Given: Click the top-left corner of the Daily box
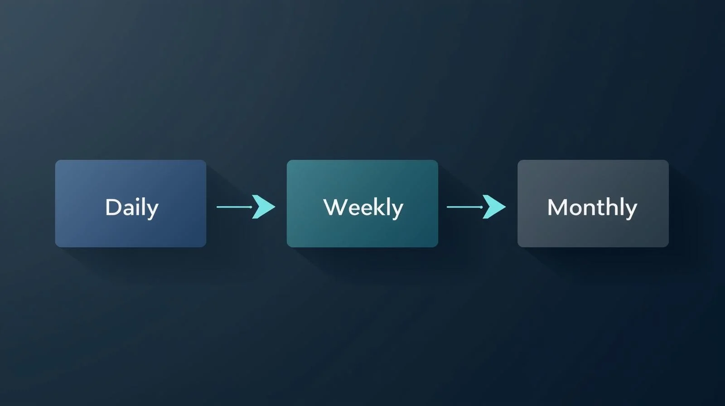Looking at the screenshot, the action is point(56,160).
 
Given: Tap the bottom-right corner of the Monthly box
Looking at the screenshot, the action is point(668,247).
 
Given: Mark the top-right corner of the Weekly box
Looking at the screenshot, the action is point(438,160).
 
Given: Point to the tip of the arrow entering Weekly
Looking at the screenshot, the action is point(275,207).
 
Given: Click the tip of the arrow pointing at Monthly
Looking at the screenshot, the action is point(506,207).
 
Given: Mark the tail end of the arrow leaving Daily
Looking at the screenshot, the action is point(217,207).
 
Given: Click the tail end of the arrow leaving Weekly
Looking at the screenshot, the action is point(447,207).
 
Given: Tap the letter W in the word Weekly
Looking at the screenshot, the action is point(333,207).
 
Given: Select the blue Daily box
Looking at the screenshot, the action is point(131,203).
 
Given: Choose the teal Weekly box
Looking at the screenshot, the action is point(362,203).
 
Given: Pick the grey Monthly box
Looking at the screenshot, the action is point(593,203).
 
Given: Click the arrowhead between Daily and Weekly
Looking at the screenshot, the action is point(264,207).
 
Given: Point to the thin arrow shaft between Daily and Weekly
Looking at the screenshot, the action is point(234,207).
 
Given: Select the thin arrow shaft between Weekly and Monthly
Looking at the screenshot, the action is point(465,207).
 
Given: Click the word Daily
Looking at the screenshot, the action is point(132,208).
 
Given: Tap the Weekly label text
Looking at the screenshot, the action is point(363,208).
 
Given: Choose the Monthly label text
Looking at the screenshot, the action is point(592,208).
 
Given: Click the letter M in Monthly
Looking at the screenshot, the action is point(556,207).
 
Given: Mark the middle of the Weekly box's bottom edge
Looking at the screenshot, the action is point(362,247).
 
